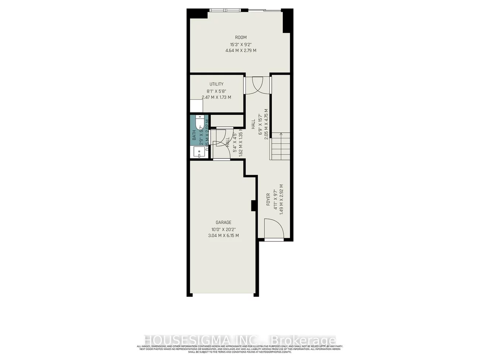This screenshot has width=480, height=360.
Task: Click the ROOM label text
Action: click(241, 37)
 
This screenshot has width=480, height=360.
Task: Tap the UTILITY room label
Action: click(216, 84)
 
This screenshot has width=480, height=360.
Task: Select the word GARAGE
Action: click(223, 222)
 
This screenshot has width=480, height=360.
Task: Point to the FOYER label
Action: click(268, 199)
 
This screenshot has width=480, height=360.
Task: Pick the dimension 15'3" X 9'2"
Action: click(241, 44)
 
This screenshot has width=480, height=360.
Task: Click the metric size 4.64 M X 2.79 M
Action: click(241, 51)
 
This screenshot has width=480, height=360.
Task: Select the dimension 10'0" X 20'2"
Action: click(223, 229)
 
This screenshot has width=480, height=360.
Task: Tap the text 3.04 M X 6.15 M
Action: click(223, 236)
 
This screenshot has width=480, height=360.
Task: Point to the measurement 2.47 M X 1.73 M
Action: click(216, 97)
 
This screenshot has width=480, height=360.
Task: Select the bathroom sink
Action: click(198, 152)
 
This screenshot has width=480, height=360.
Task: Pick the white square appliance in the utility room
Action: click(196, 106)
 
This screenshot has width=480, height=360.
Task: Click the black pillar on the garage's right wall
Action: click(254, 206)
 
